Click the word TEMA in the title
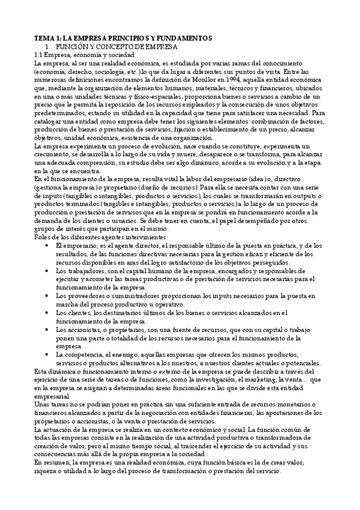(x=43, y=38)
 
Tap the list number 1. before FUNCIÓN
(x=49, y=46)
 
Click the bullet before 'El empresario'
(x=48, y=246)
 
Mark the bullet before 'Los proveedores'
(x=48, y=296)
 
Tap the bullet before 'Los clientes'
(x=48, y=313)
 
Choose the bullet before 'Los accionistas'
(x=48, y=330)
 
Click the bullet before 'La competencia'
(x=48, y=355)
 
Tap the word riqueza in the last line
(x=46, y=471)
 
